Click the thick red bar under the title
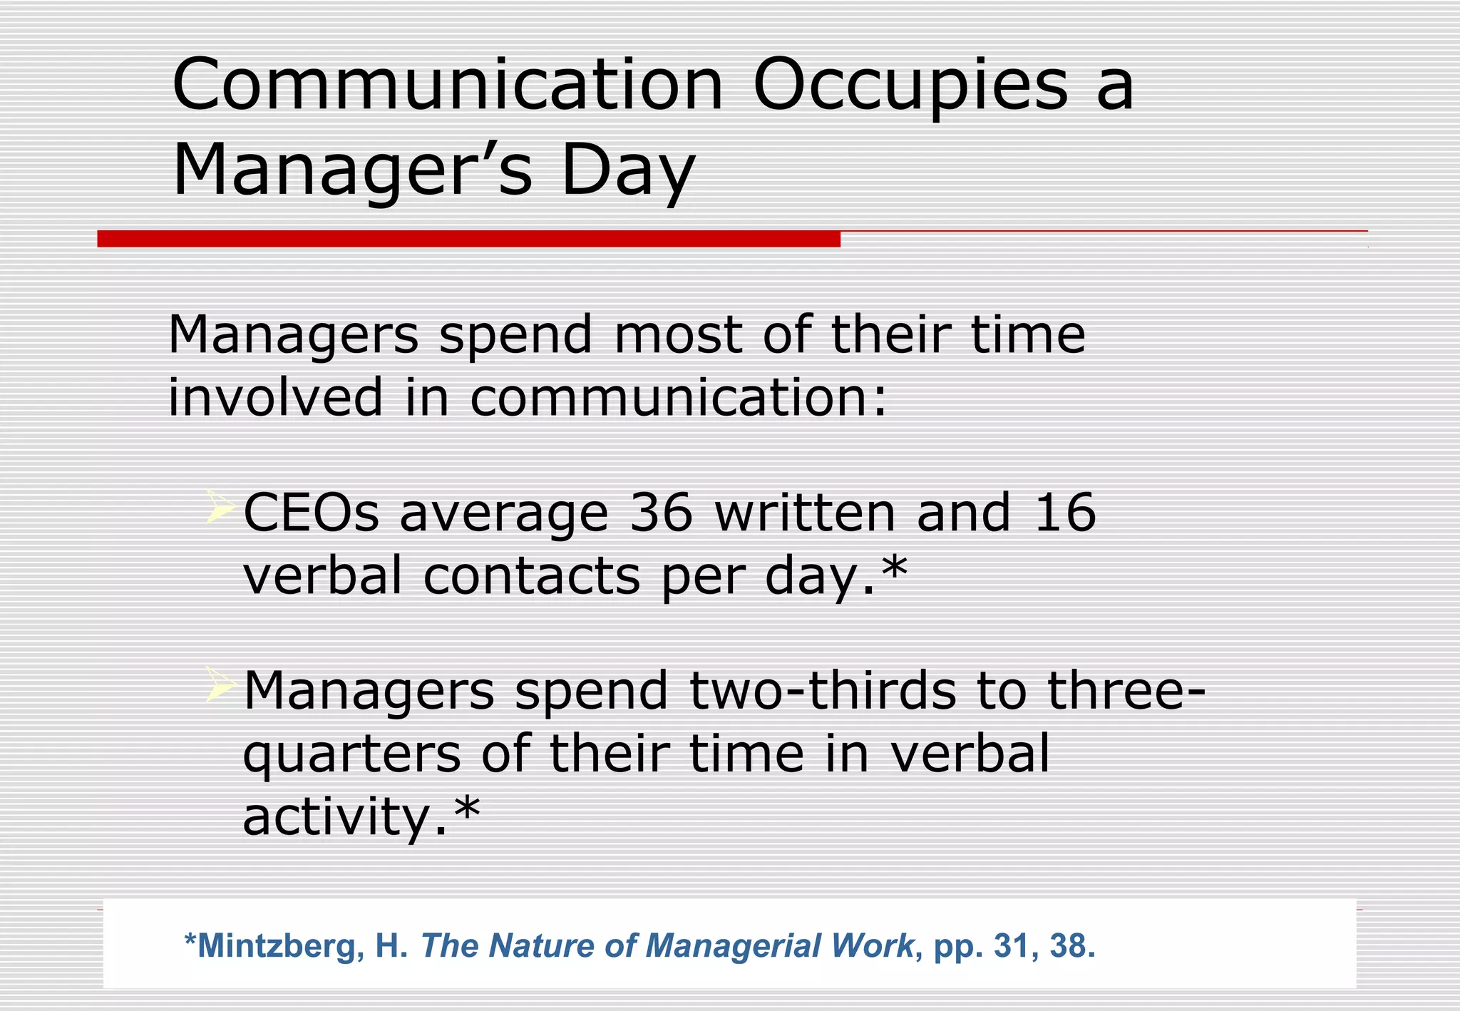[x=468, y=239]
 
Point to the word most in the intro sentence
[x=677, y=334]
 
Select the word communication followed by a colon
[x=677, y=397]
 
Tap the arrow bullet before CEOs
[x=220, y=507]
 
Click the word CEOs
[x=311, y=513]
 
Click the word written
[x=805, y=513]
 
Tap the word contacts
[x=531, y=575]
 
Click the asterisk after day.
[x=894, y=568]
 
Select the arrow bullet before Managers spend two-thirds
[x=220, y=685]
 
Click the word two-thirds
[x=823, y=691]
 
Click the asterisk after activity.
[x=467, y=809]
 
